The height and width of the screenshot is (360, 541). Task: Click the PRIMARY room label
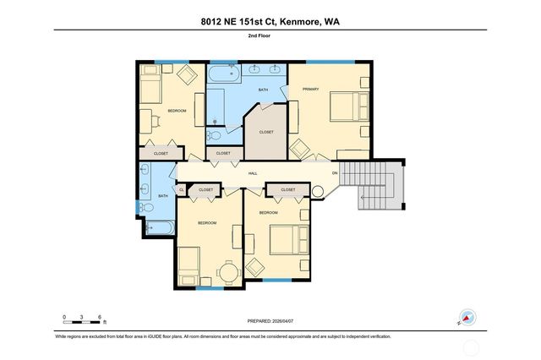tap(310, 89)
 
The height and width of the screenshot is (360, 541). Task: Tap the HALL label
tap(253, 173)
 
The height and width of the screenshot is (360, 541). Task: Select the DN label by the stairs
tap(335, 173)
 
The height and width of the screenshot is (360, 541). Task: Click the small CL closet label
tap(182, 189)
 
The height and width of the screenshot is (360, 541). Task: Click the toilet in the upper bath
tap(215, 134)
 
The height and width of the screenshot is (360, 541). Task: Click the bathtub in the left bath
tap(156, 226)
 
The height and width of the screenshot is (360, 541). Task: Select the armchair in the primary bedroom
tap(299, 149)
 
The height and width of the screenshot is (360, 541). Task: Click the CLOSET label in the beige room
tap(265, 132)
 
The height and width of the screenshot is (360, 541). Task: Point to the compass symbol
tap(467, 318)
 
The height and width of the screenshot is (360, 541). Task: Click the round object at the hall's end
tap(318, 192)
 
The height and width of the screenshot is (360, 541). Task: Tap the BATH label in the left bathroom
tap(163, 196)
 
